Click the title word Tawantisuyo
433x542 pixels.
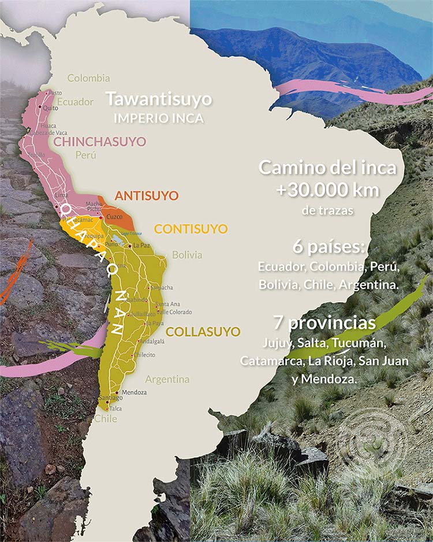point(158,99)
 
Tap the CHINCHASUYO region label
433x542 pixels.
point(100,142)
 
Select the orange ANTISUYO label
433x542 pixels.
point(147,196)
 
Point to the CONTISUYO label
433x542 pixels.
point(191,229)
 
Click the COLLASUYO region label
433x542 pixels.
point(195,332)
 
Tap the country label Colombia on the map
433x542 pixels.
point(88,78)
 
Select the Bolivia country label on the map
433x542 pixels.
point(187,255)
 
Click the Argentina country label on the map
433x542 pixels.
point(167,380)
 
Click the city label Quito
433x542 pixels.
point(50,108)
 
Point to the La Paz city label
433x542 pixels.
point(141,246)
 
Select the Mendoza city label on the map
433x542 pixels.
point(135,392)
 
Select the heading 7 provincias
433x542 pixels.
point(326,321)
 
